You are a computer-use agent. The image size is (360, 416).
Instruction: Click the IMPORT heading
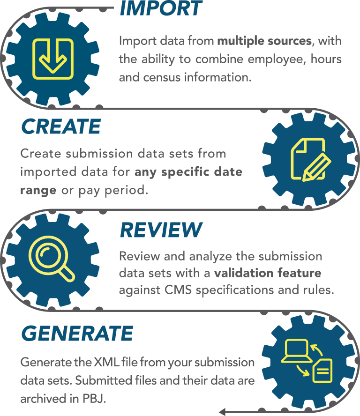(x=160, y=9)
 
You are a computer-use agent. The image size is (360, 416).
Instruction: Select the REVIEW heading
(x=161, y=230)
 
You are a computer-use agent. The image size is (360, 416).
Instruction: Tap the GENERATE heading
(x=77, y=334)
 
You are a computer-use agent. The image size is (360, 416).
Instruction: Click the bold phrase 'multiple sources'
(x=264, y=41)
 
